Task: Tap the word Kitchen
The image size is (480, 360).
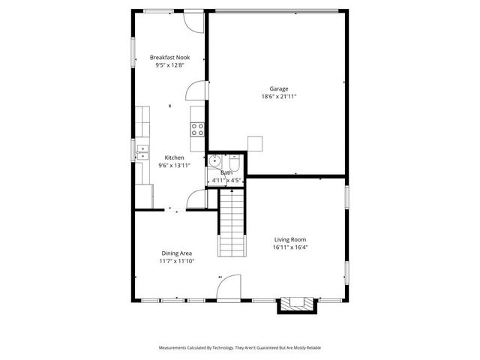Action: point(174,157)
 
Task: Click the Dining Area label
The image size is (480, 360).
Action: point(176,253)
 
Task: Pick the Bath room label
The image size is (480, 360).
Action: point(226,172)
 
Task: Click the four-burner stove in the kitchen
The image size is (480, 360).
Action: point(198,129)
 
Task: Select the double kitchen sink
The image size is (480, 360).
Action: point(141,152)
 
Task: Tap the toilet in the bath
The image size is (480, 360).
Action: point(234,161)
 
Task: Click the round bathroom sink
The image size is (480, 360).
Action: point(214,160)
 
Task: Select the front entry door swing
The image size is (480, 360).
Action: point(229,287)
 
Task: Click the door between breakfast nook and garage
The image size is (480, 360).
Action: point(196,90)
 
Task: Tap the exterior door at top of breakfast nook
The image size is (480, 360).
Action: point(194,22)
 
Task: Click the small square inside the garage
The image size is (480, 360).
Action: point(256,143)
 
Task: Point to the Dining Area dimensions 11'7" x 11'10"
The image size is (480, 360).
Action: point(176,262)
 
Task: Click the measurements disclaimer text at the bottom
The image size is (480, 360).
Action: point(240,348)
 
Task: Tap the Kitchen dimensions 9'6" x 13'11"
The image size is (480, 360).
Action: point(174,165)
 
